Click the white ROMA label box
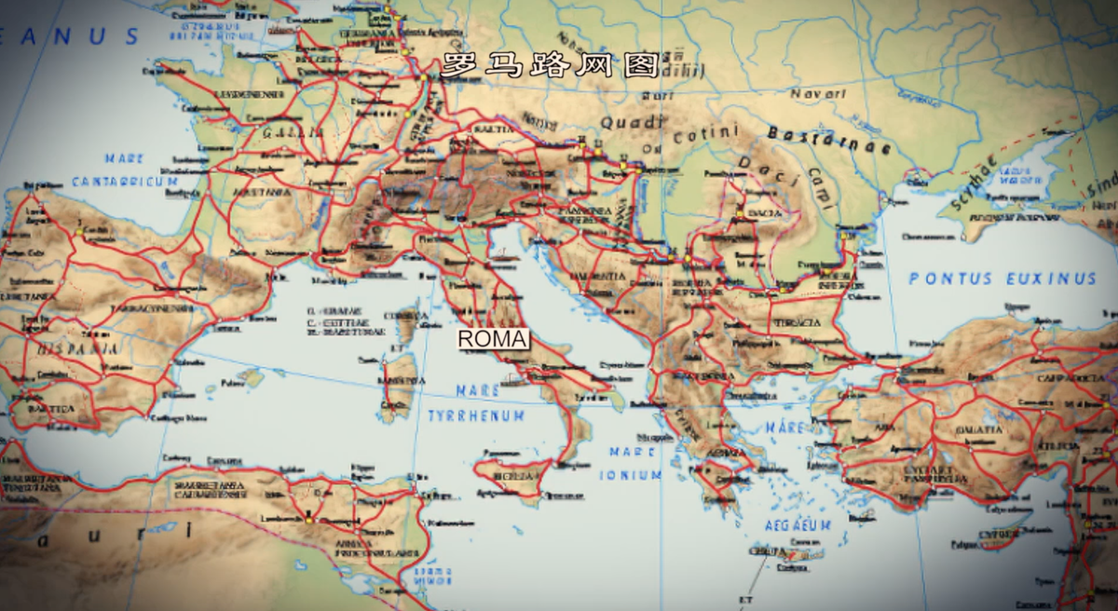pyautogui.click(x=493, y=340)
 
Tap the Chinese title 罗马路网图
pyautogui.click(x=550, y=65)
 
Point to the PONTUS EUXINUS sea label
pyautogui.click(x=1002, y=278)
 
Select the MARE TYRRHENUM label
pyautogui.click(x=476, y=403)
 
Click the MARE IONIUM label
pyautogui.click(x=636, y=463)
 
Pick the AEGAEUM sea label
pyautogui.click(x=797, y=525)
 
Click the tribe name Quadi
pyautogui.click(x=632, y=122)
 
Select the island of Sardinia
pyautogui.click(x=398, y=382)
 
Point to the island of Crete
pyautogui.click(x=778, y=556)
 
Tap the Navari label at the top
pyautogui.click(x=818, y=94)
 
